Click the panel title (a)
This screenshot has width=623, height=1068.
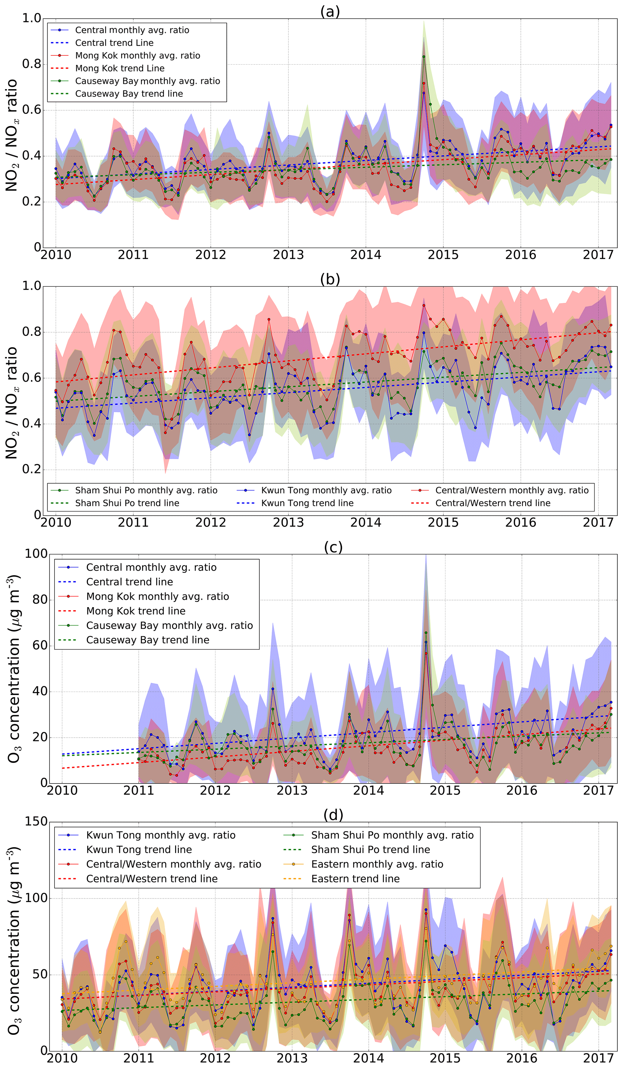pos(330,11)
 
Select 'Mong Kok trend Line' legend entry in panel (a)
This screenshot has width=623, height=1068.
pos(120,68)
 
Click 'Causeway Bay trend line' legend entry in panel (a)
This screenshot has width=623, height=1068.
pos(129,94)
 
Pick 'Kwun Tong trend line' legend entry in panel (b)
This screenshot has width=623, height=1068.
pos(307,503)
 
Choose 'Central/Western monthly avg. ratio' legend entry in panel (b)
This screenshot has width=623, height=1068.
pos(511,490)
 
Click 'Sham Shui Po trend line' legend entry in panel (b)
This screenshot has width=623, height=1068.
pos(127,503)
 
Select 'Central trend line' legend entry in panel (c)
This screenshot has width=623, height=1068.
pos(129,582)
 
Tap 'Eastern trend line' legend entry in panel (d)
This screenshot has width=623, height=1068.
pos(355,878)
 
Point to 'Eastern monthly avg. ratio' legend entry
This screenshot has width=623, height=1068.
pos(377,864)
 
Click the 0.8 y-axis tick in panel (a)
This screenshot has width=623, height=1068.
pos(31,64)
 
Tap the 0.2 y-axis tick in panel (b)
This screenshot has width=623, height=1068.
pos(31,470)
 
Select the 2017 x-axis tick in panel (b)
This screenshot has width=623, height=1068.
pos(598,523)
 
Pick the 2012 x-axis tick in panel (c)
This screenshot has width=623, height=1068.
pos(215,790)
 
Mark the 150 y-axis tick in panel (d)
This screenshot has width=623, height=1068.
pos(36,822)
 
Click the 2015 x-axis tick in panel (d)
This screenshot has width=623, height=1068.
pos(445,1058)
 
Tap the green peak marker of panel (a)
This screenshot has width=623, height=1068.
pos(423,56)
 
